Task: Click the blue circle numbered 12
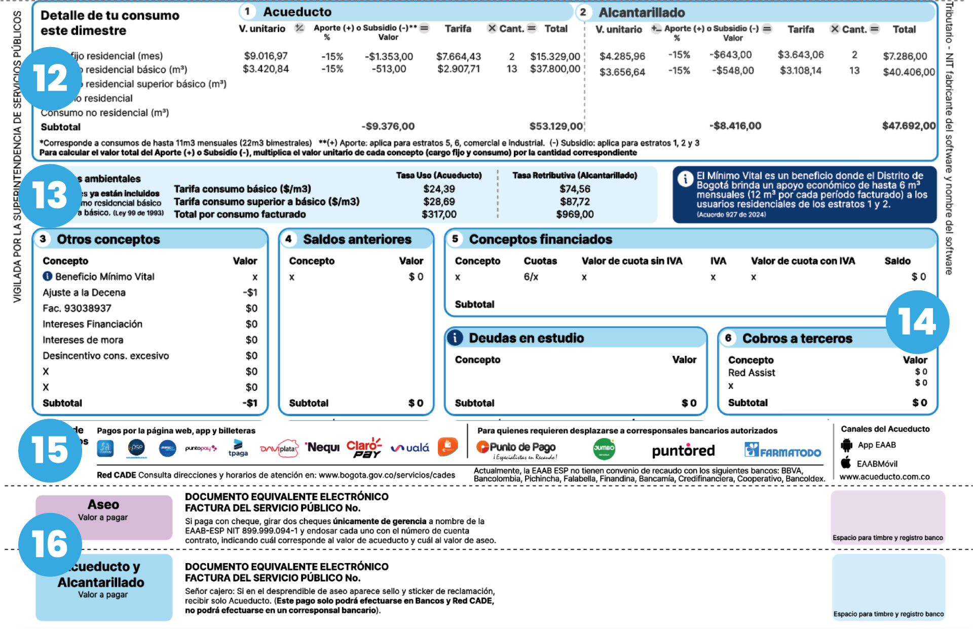tap(50, 79)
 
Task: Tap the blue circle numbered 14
tap(917, 322)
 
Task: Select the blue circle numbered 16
tap(50, 544)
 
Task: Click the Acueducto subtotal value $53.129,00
tap(556, 126)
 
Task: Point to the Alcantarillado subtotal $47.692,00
tap(909, 126)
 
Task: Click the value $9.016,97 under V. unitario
tap(266, 56)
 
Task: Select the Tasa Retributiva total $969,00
tap(575, 214)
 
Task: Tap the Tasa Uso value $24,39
tap(439, 189)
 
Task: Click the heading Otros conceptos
tap(108, 239)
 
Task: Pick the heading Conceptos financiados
tap(540, 239)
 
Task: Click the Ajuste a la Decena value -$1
tap(250, 292)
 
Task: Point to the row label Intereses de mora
tap(83, 340)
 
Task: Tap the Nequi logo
tap(323, 448)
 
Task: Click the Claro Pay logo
tap(364, 448)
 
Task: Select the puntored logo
tap(683, 451)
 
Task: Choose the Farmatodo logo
tap(782, 450)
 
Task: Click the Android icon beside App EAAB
tap(846, 445)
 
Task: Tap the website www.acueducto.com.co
tap(884, 476)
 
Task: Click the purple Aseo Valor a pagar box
tap(104, 517)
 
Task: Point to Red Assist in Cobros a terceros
tap(752, 373)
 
